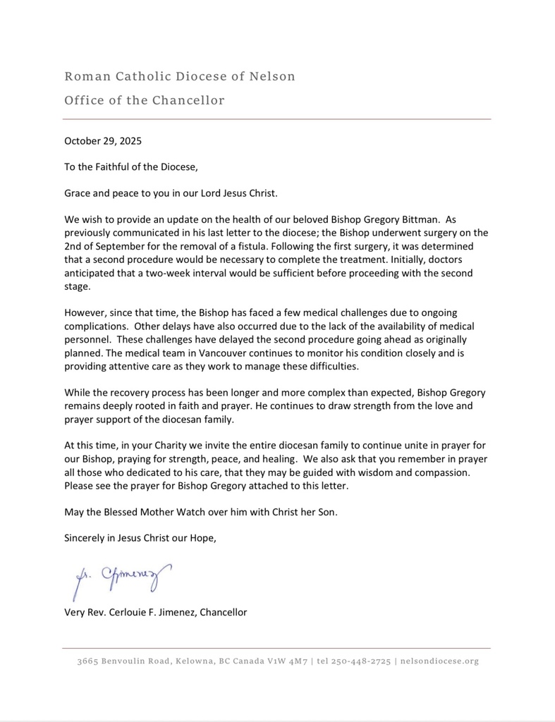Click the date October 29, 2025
pyautogui.click(x=103, y=140)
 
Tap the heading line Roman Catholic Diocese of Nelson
pyautogui.click(x=179, y=76)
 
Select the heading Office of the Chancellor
pyautogui.click(x=144, y=100)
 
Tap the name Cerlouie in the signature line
pyautogui.click(x=138, y=612)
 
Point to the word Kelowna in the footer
pyautogui.click(x=194, y=661)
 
